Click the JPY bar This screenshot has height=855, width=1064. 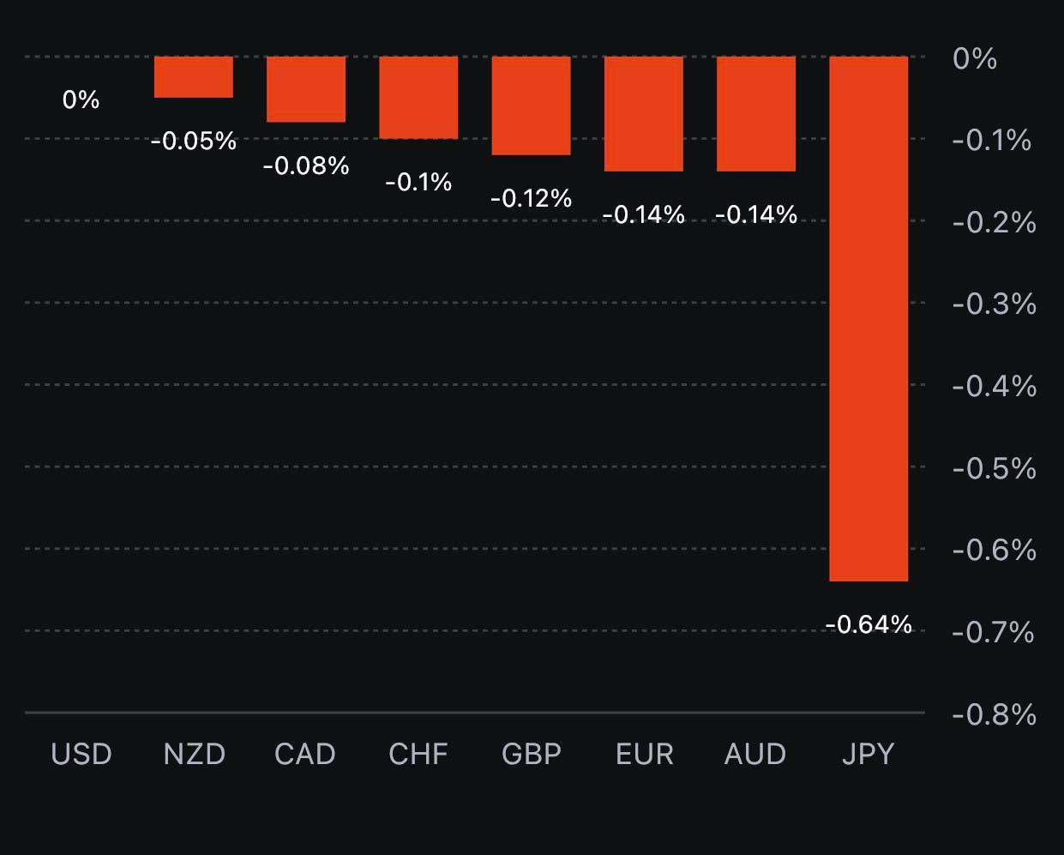(869, 319)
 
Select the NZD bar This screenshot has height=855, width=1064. (194, 77)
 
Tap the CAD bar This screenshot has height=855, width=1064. (306, 89)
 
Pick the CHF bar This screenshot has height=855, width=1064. (418, 98)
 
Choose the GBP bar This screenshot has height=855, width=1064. (531, 105)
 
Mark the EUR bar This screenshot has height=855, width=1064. (644, 114)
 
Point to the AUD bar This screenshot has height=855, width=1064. (756, 114)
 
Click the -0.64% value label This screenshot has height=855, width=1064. (869, 624)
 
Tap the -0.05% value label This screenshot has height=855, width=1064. (194, 141)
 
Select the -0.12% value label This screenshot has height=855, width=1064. (531, 198)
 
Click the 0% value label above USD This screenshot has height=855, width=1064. (81, 99)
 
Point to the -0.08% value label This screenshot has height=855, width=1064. (306, 166)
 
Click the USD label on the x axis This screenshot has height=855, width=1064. (81, 754)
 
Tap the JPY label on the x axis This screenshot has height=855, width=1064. (869, 754)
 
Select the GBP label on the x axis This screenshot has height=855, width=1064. (532, 754)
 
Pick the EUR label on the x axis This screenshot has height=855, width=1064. (645, 754)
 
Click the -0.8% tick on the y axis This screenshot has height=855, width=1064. (994, 714)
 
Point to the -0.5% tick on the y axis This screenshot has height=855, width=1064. (994, 468)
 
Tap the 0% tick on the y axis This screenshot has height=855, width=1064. (975, 58)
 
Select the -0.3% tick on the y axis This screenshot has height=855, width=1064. (994, 304)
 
